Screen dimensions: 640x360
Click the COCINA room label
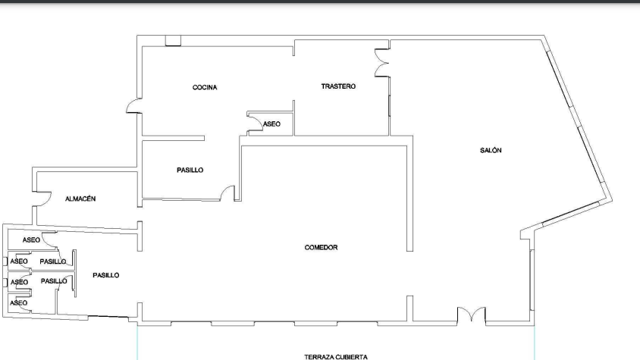(x=205, y=87)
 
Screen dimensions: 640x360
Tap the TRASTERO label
(x=338, y=86)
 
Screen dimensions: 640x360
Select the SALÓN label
(x=491, y=150)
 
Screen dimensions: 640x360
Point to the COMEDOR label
(x=321, y=247)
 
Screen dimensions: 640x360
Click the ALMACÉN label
(x=80, y=199)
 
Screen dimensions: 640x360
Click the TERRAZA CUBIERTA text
(x=336, y=357)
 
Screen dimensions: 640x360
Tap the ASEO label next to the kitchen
(x=271, y=124)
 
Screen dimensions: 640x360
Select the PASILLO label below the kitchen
(x=190, y=170)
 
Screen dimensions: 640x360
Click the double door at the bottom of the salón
(x=472, y=315)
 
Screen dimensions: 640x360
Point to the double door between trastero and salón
(x=382, y=63)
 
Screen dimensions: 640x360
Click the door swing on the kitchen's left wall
(x=133, y=105)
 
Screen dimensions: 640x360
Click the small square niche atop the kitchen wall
(x=173, y=41)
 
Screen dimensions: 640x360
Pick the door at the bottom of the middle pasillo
(x=227, y=193)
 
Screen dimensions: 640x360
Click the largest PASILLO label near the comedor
(x=105, y=276)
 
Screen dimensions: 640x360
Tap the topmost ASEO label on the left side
(x=31, y=240)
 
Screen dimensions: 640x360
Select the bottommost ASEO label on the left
(x=18, y=303)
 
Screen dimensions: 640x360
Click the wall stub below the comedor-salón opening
(x=409, y=308)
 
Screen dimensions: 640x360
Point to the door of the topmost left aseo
(x=50, y=240)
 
